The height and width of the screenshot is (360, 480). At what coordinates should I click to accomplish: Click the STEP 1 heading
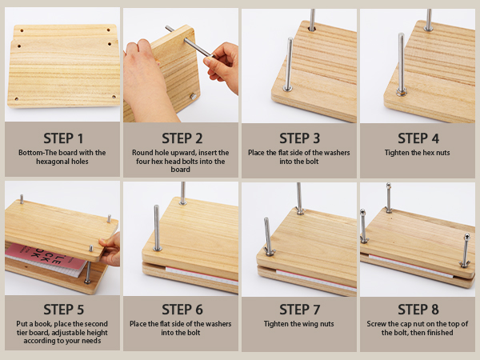point(63,138)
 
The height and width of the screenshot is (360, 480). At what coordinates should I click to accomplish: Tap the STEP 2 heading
point(182,138)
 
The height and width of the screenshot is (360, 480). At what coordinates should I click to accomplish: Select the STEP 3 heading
point(300,138)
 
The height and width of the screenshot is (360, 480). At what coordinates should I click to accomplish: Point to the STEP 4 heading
point(418,138)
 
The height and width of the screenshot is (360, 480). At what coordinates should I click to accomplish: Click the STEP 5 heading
point(63,310)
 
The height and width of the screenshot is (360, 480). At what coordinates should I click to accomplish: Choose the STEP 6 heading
point(182,310)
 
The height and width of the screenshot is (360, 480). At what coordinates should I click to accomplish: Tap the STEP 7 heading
point(300,310)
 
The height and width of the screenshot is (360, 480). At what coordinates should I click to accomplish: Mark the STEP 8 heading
point(418,310)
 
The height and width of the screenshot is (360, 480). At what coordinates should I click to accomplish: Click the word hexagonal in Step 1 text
point(50,162)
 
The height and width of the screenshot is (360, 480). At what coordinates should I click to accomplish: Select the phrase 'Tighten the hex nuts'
point(418,153)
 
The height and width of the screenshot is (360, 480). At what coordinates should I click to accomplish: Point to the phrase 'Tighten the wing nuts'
point(298,323)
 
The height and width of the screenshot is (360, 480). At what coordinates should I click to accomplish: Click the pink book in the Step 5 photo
point(46,258)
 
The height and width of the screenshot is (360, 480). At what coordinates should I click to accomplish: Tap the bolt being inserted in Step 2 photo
point(189,42)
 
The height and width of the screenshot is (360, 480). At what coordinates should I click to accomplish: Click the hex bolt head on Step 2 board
point(193,97)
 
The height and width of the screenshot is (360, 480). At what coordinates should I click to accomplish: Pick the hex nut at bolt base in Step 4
point(402,91)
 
